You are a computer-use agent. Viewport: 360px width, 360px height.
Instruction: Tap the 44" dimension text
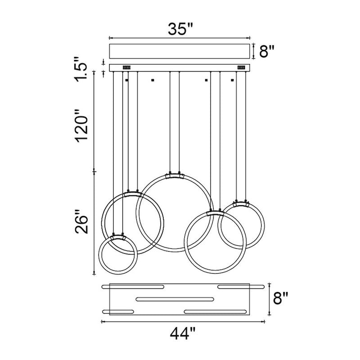[183, 333]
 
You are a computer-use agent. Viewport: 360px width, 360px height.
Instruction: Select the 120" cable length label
[82, 126]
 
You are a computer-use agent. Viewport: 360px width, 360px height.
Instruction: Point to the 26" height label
[81, 221]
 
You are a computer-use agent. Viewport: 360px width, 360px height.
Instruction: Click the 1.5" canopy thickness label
[81, 69]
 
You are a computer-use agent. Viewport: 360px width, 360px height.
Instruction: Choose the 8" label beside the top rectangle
[267, 51]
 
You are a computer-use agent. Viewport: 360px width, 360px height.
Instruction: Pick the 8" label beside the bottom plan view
[280, 298]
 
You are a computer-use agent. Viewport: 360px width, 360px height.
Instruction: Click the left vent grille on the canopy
[126, 67]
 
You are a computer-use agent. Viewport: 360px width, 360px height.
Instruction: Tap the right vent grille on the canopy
[241, 67]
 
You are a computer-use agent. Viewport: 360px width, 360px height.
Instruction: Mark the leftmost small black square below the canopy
[126, 80]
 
